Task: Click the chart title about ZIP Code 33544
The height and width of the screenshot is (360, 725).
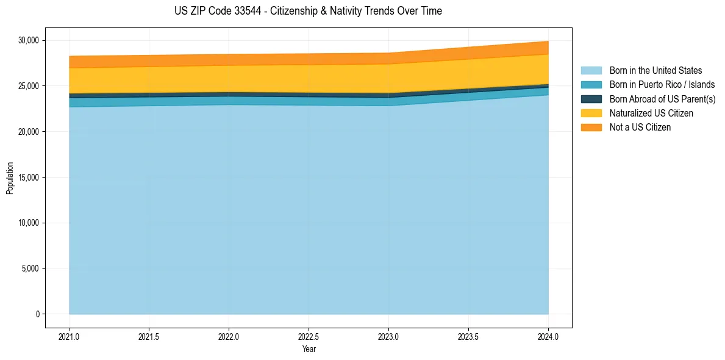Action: pyautogui.click(x=308, y=11)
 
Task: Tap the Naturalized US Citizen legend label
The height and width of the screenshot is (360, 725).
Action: pyautogui.click(x=651, y=113)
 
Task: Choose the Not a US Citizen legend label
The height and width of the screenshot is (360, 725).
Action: pyautogui.click(x=640, y=127)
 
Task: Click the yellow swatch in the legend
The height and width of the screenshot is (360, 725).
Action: pyautogui.click(x=591, y=113)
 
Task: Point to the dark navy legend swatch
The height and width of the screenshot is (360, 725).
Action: pyautogui.click(x=591, y=99)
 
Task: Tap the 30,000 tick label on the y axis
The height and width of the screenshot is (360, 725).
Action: pyautogui.click(x=29, y=40)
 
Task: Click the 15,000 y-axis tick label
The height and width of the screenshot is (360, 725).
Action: pyautogui.click(x=29, y=178)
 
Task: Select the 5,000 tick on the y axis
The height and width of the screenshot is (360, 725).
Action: pyautogui.click(x=30, y=268)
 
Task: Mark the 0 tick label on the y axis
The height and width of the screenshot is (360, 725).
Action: pyautogui.click(x=37, y=314)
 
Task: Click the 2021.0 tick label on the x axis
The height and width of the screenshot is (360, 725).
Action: pyautogui.click(x=70, y=336)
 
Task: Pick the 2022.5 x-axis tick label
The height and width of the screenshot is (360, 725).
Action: pyautogui.click(x=309, y=336)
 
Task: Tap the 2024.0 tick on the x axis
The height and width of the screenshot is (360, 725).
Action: pyautogui.click(x=548, y=336)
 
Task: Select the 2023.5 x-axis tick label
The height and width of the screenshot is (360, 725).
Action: pyautogui.click(x=468, y=336)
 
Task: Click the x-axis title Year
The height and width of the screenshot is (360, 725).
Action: pyautogui.click(x=309, y=349)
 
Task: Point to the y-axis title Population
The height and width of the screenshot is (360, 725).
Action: pyautogui.click(x=10, y=178)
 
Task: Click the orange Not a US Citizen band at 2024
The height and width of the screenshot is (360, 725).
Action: pyautogui.click(x=545, y=48)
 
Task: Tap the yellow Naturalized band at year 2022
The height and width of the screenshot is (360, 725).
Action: pyautogui.click(x=229, y=79)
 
